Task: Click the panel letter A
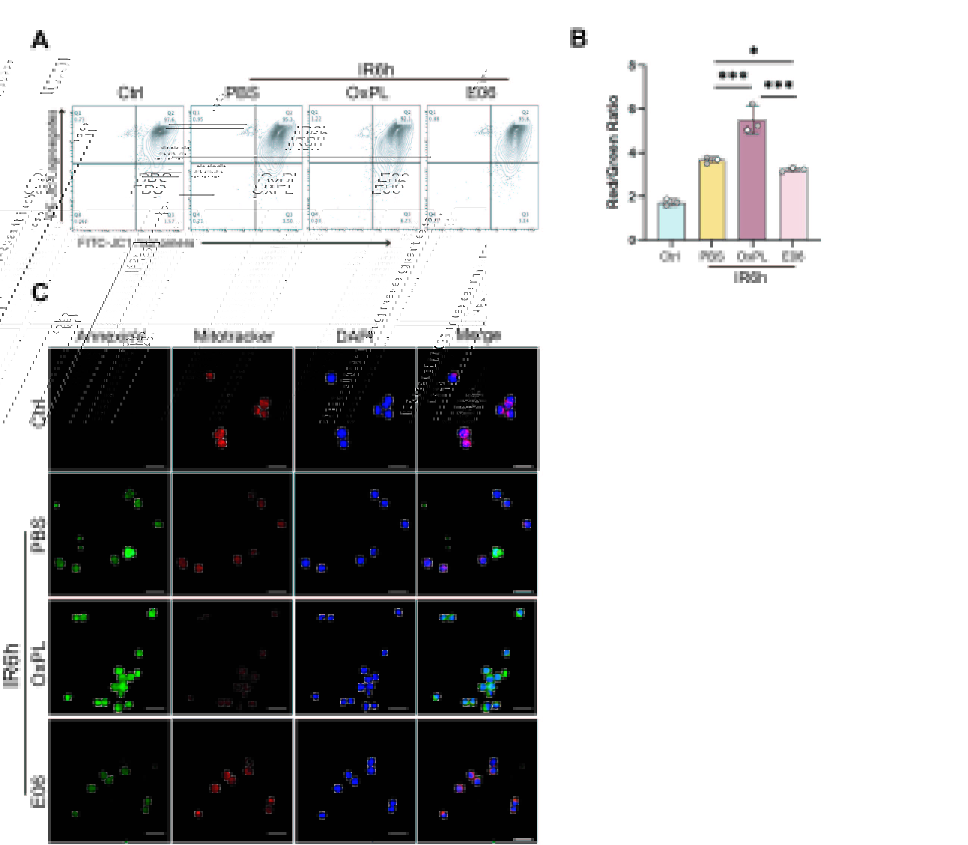pos(40,40)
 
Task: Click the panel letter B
pos(579,38)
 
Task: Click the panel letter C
pos(40,292)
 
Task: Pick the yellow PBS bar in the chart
pos(711,201)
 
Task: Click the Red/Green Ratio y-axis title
pos(612,151)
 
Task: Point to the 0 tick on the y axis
pos(632,240)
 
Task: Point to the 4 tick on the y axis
pos(632,153)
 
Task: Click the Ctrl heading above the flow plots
pos(130,93)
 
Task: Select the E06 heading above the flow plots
pos(481,92)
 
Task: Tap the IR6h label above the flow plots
pos(376,70)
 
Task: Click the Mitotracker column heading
pos(233,336)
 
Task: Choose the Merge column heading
pos(478,335)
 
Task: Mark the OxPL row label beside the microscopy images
pos(38,663)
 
